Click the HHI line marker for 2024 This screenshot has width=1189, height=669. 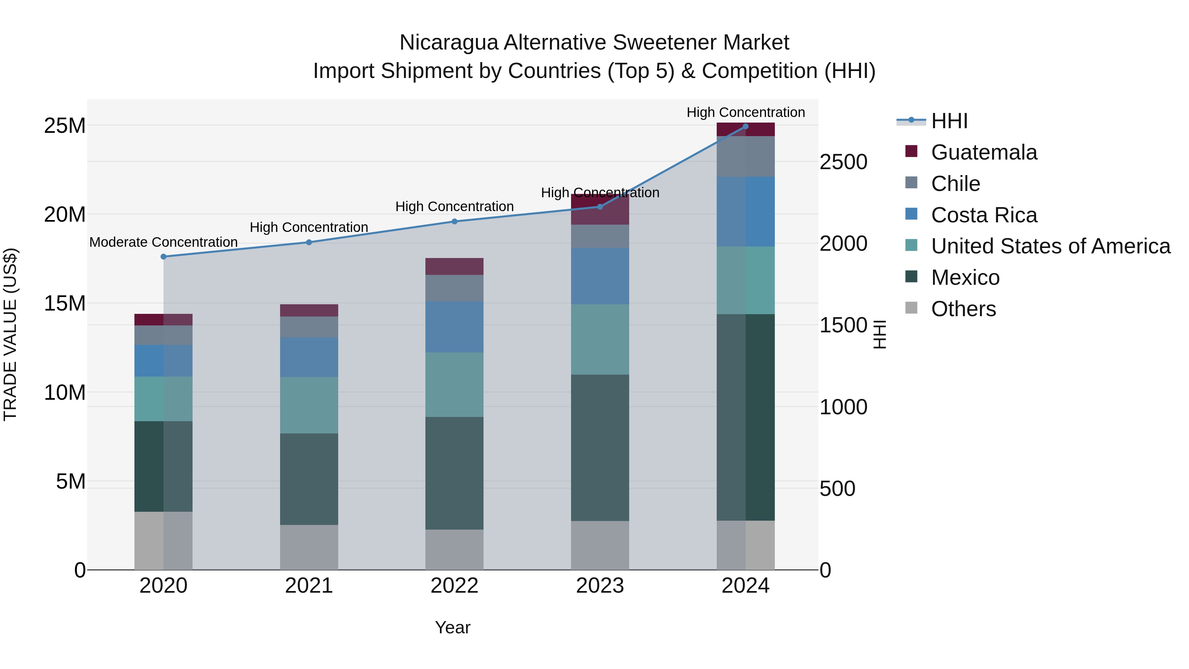[x=745, y=126]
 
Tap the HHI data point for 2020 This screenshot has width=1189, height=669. [x=163, y=257]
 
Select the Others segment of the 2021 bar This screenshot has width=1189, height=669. [x=309, y=547]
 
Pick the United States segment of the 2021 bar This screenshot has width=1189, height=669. [x=309, y=405]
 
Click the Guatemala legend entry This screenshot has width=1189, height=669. [x=984, y=152]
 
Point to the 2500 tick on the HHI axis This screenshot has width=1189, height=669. [x=843, y=163]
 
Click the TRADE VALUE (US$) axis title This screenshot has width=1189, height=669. [x=10, y=334]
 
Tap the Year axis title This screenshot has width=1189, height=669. [x=452, y=627]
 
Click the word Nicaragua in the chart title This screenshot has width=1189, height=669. [x=449, y=43]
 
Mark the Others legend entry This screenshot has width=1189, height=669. [x=963, y=309]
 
